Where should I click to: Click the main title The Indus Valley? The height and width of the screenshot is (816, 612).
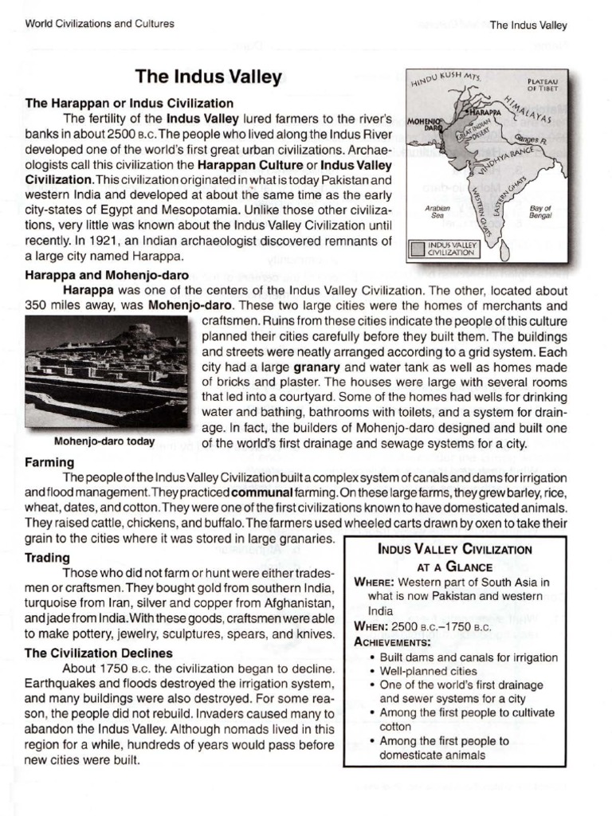tap(209, 77)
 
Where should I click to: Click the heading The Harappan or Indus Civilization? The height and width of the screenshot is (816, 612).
tap(129, 103)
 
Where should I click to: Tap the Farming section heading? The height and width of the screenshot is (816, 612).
tap(49, 462)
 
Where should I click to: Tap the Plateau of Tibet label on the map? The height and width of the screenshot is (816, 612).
tap(543, 85)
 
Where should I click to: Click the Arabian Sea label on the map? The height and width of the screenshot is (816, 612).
tap(439, 211)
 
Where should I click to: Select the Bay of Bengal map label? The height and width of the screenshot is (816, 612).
tap(541, 211)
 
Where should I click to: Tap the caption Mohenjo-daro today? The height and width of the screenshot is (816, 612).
tap(104, 441)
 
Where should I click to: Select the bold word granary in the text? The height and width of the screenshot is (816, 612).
tap(316, 367)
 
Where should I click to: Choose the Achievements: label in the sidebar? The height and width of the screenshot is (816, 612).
tap(392, 641)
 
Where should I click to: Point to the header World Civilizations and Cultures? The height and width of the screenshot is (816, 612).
tap(100, 23)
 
